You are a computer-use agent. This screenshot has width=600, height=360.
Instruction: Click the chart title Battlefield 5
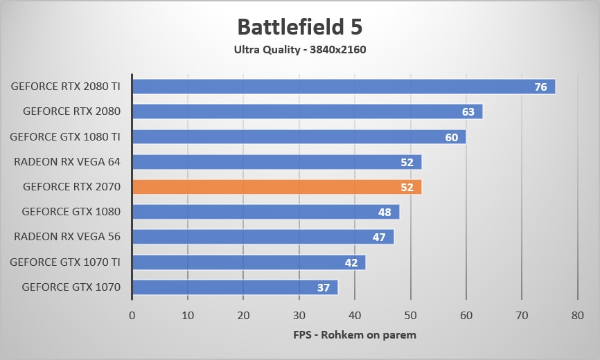(x=299, y=27)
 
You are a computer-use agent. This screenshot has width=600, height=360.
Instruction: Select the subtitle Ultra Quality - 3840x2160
(x=299, y=49)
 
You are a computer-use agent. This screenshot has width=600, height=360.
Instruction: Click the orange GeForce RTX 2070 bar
(x=277, y=187)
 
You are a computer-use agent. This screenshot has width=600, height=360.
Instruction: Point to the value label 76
(x=541, y=87)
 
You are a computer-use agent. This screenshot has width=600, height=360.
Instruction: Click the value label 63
(x=468, y=112)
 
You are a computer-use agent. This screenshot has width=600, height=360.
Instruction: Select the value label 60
(x=452, y=137)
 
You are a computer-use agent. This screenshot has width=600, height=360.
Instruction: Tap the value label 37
(x=324, y=287)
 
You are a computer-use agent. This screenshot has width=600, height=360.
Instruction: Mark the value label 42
(x=351, y=262)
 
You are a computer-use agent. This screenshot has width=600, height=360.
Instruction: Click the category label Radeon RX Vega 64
(x=67, y=162)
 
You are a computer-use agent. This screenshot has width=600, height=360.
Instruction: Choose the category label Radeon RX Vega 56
(x=67, y=237)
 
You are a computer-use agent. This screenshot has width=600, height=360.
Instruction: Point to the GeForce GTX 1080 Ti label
(x=65, y=137)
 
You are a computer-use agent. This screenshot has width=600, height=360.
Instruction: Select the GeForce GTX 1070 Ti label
(x=65, y=262)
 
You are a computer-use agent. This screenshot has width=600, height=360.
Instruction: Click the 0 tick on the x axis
(x=132, y=316)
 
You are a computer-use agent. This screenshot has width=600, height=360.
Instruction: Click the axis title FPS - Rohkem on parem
(x=355, y=335)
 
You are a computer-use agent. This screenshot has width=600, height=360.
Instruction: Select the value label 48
(x=385, y=212)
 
